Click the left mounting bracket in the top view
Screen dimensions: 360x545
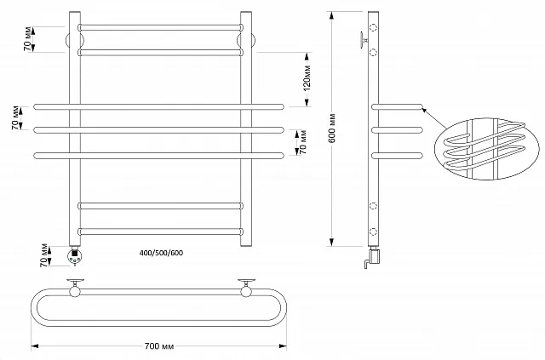(x=76, y=287)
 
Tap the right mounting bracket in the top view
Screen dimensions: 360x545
(x=247, y=287)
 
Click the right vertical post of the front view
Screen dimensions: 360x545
(x=247, y=128)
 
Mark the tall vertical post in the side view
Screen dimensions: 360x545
(x=373, y=128)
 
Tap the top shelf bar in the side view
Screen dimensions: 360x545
(x=397, y=106)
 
